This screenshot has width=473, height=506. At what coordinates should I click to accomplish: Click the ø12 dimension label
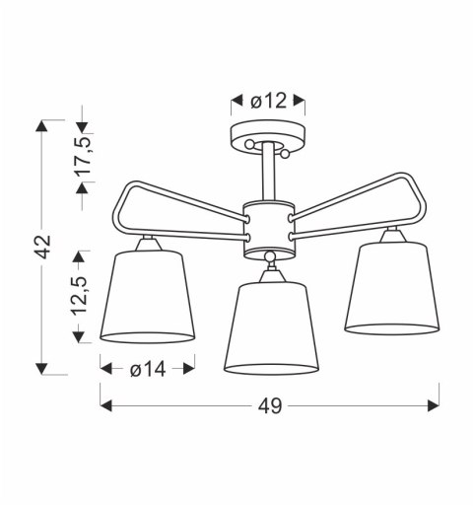269,100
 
